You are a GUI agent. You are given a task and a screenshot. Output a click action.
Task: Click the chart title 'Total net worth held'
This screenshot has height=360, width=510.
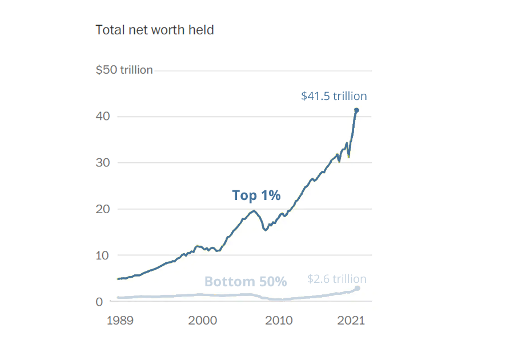click(154, 30)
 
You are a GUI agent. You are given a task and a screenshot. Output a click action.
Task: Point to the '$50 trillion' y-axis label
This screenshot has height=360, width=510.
click(124, 70)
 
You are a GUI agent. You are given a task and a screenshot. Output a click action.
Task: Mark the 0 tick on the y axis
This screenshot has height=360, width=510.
click(99, 301)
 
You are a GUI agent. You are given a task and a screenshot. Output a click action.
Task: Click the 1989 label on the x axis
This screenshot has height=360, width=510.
click(121, 320)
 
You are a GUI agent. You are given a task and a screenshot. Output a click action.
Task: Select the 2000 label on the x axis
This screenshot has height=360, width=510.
click(202, 320)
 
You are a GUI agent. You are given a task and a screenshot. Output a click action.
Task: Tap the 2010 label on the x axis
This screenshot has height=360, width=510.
click(279, 320)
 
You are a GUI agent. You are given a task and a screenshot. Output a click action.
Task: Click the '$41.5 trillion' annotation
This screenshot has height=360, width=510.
click(334, 96)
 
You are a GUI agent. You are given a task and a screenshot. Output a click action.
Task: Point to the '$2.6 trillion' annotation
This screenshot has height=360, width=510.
click(337, 279)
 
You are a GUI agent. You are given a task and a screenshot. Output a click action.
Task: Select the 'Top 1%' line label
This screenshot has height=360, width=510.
click(256, 195)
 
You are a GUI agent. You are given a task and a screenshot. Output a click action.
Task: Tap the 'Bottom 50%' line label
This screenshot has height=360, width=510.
click(246, 282)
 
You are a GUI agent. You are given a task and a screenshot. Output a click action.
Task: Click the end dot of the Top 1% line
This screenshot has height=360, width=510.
click(356, 110)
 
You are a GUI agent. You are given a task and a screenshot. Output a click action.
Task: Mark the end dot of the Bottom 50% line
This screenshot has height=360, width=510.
click(358, 288)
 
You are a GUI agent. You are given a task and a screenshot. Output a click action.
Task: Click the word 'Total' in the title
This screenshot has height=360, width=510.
click(109, 30)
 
